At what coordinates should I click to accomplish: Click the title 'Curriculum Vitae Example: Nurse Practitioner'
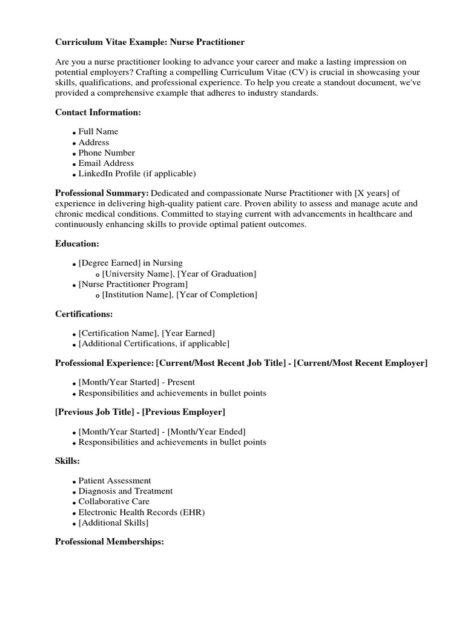(x=142, y=42)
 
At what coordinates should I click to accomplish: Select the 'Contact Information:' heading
(x=98, y=112)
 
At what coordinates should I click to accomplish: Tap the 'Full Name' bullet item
(x=98, y=131)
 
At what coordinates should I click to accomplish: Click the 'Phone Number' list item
(x=107, y=153)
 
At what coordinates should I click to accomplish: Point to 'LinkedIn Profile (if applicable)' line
(x=137, y=174)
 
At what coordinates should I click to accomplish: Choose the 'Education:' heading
(x=77, y=243)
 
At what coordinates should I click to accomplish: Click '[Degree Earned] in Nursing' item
(x=130, y=263)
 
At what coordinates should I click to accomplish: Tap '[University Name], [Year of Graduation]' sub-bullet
(x=179, y=274)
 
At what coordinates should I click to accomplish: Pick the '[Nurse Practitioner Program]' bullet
(x=133, y=284)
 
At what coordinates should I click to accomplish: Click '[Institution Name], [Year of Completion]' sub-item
(x=179, y=295)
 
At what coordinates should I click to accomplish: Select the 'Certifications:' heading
(x=84, y=314)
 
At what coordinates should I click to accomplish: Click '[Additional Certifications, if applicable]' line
(x=154, y=344)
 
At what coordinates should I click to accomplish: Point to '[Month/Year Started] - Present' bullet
(x=137, y=382)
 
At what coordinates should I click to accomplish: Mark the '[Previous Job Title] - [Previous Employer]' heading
(x=140, y=412)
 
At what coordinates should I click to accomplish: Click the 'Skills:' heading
(x=67, y=461)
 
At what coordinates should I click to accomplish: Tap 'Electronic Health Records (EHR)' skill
(x=142, y=512)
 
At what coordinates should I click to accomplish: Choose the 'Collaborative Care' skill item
(x=114, y=501)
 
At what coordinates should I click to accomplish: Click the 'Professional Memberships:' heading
(x=110, y=542)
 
